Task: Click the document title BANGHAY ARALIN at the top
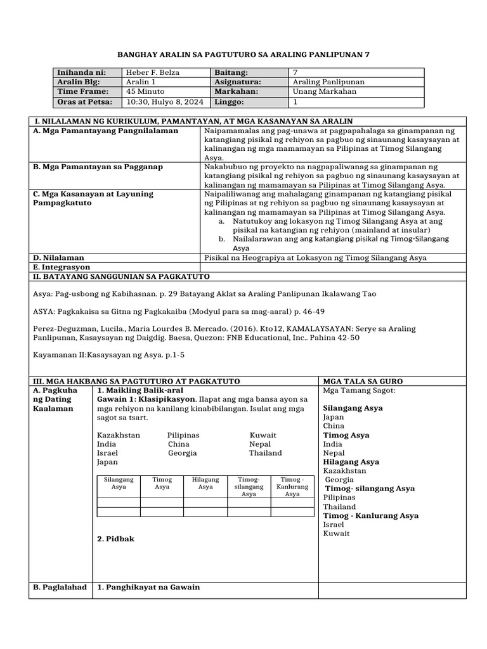(243, 55)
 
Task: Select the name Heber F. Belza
(152, 73)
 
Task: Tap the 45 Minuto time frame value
(146, 91)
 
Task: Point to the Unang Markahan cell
(324, 91)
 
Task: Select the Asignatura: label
(238, 82)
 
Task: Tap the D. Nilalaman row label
(58, 258)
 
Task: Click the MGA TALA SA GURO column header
(363, 381)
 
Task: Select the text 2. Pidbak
(115, 539)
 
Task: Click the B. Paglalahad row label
(60, 587)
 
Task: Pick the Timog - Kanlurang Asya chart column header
(292, 487)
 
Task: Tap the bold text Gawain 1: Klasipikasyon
(146, 399)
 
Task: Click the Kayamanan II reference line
(108, 355)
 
